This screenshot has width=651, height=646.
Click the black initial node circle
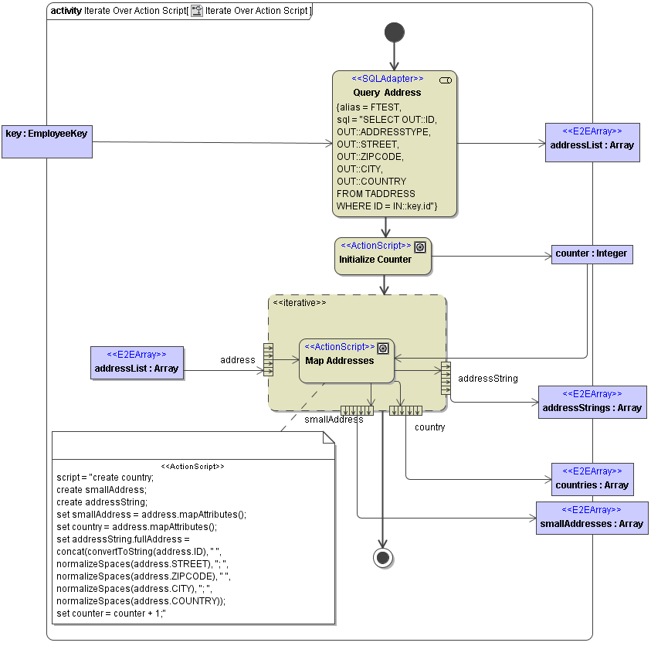(x=394, y=32)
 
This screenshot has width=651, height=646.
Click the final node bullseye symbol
(x=383, y=557)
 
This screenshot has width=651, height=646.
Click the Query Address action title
(x=387, y=93)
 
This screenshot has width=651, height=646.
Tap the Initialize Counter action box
(x=383, y=256)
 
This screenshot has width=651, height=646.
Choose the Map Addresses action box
(x=346, y=361)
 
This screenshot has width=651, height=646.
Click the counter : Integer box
(x=592, y=253)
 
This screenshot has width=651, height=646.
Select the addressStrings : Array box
(x=592, y=402)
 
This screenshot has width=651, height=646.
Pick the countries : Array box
(x=592, y=479)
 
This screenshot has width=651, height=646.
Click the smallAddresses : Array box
(x=592, y=518)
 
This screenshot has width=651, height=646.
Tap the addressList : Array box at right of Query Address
(x=592, y=142)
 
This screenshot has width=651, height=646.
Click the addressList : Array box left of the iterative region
(x=137, y=362)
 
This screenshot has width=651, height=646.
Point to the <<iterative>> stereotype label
(x=300, y=303)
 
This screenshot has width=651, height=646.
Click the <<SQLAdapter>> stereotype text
(x=387, y=79)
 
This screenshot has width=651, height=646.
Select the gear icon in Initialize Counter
(x=420, y=246)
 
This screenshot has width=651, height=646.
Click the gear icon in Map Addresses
(x=383, y=348)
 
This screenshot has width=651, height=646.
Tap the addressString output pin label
(x=487, y=379)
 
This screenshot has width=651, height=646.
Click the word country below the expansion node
(x=429, y=427)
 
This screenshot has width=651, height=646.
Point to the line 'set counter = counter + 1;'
(x=111, y=614)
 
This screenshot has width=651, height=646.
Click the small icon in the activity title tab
(x=197, y=12)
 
